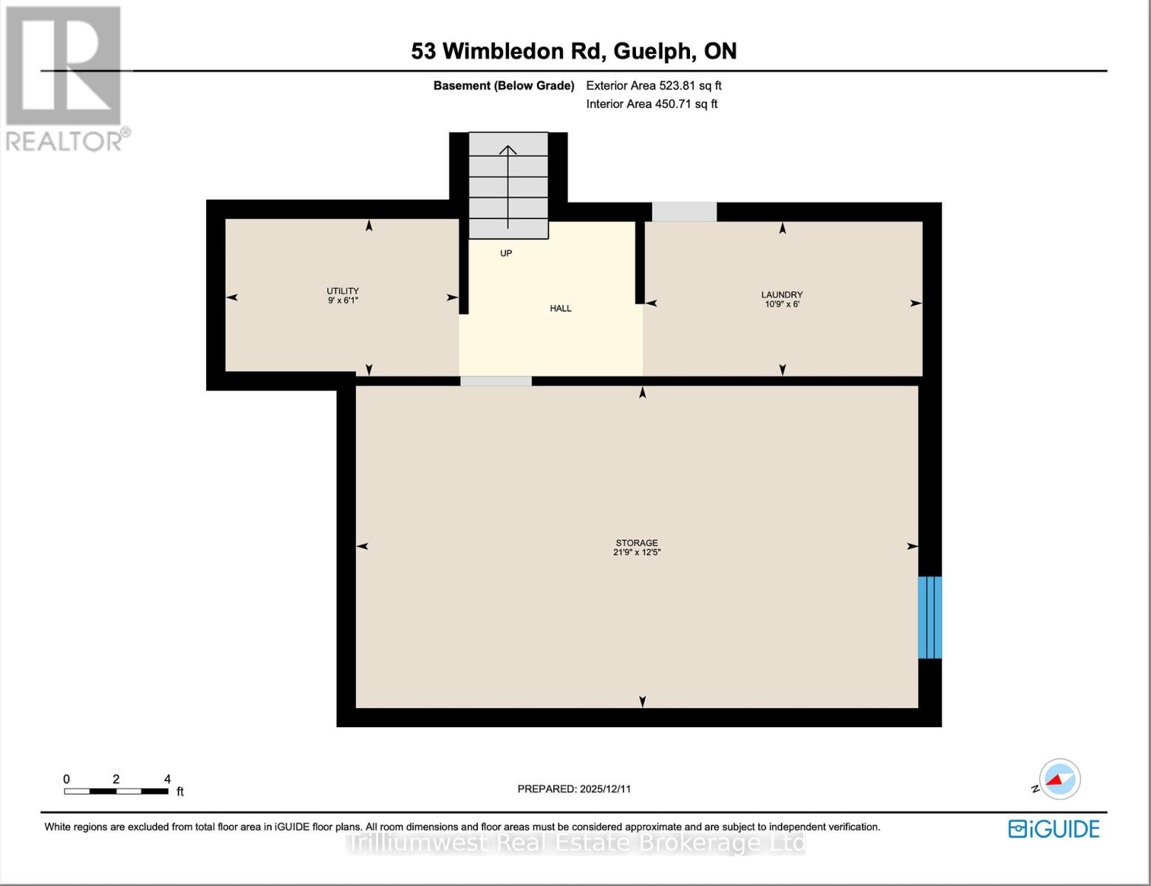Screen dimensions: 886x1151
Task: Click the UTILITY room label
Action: click(x=343, y=291)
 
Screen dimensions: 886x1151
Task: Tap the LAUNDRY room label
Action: click(x=782, y=295)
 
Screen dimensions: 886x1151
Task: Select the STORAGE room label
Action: click(x=636, y=543)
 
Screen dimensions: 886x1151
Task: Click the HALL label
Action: click(x=561, y=309)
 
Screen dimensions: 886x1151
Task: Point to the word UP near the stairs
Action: click(x=506, y=253)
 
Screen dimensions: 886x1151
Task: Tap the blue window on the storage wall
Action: click(x=929, y=617)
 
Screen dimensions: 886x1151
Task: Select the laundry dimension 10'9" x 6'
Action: click(x=782, y=304)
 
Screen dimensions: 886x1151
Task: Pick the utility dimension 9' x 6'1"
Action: click(x=343, y=301)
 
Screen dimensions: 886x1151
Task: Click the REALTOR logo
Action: click(x=65, y=78)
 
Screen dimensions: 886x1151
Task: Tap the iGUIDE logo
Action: click(x=1054, y=829)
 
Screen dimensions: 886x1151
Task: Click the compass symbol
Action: click(x=1059, y=779)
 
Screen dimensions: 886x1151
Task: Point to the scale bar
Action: click(x=116, y=791)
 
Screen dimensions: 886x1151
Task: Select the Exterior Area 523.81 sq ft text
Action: click(x=654, y=86)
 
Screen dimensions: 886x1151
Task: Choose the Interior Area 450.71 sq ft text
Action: click(x=652, y=104)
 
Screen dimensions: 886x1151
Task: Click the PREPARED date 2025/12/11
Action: click(x=574, y=789)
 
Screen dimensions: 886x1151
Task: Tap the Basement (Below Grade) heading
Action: click(x=503, y=86)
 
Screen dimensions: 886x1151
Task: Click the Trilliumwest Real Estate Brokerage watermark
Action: click(x=575, y=843)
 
